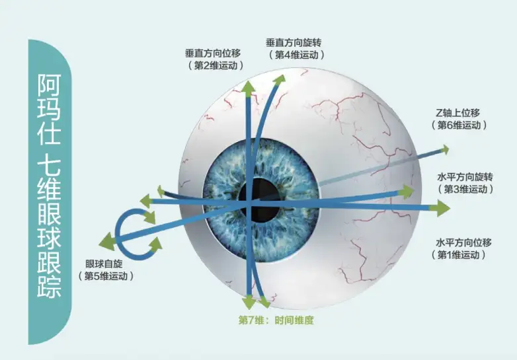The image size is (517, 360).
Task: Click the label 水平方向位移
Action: pos(465,242)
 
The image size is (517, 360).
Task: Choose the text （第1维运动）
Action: pos(465,254)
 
